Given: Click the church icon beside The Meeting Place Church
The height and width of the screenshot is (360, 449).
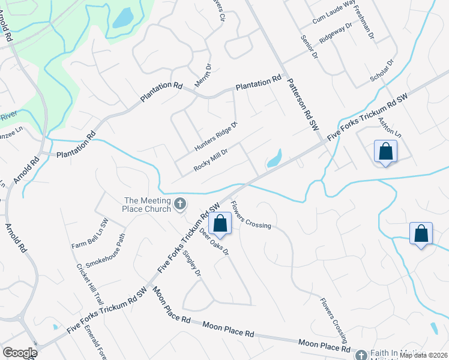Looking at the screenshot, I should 179,205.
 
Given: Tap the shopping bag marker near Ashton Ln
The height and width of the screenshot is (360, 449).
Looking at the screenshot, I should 385,152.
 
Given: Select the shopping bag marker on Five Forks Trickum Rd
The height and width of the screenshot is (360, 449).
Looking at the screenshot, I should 221,223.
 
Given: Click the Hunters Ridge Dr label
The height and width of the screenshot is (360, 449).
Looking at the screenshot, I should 216,136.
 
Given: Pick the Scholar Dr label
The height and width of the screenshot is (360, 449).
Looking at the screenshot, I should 382,70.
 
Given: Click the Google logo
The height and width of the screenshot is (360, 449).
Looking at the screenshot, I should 20,353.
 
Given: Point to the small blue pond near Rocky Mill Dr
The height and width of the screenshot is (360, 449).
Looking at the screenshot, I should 274,158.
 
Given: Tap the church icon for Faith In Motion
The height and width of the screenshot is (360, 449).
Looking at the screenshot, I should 361,355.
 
